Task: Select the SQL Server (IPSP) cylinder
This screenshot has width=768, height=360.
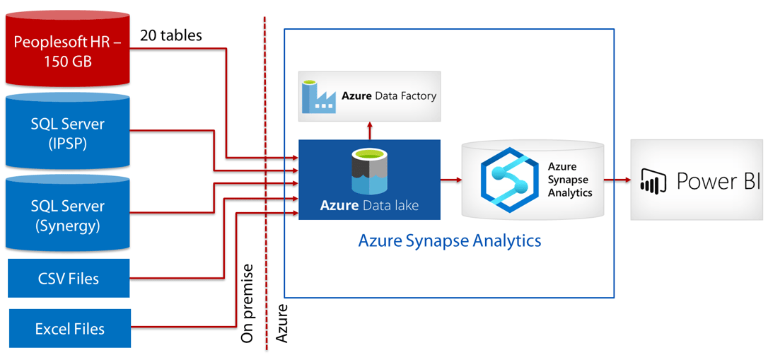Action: (x=68, y=135)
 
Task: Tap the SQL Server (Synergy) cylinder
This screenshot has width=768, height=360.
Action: (x=68, y=216)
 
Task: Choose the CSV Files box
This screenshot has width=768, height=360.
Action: (x=69, y=279)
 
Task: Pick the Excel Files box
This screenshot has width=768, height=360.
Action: (x=69, y=329)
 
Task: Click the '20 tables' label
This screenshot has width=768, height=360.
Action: (x=171, y=35)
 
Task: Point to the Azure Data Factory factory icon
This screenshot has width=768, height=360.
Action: (x=318, y=97)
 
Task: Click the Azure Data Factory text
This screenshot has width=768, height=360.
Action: (x=389, y=95)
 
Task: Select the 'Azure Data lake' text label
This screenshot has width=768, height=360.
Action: (x=369, y=206)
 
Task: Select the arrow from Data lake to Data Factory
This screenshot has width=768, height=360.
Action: (x=369, y=130)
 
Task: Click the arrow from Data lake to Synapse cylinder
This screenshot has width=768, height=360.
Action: (x=450, y=180)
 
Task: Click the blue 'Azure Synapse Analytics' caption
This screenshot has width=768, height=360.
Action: (x=450, y=240)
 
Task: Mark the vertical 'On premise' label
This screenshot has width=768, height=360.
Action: (x=247, y=303)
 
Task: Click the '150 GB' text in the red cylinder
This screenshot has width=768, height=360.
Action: (x=68, y=61)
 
